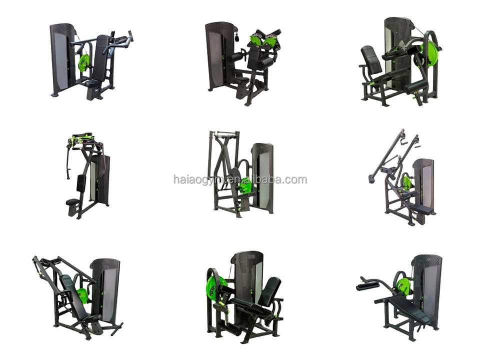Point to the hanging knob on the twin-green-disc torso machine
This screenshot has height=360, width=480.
pyautogui.click(x=236, y=38)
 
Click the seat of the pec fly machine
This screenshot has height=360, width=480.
pyautogui.click(x=72, y=201)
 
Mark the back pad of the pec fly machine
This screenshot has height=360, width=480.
pyautogui.click(x=81, y=183)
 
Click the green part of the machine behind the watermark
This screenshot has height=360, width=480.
pyautogui.click(x=245, y=185)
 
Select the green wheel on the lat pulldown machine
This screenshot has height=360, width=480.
pyautogui.click(x=407, y=183)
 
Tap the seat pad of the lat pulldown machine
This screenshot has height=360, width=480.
pyautogui.click(x=423, y=210)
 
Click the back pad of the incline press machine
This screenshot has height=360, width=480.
pyautogui.click(x=72, y=293)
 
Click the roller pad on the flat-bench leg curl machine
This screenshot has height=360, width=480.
pyautogui.click(x=367, y=286)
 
